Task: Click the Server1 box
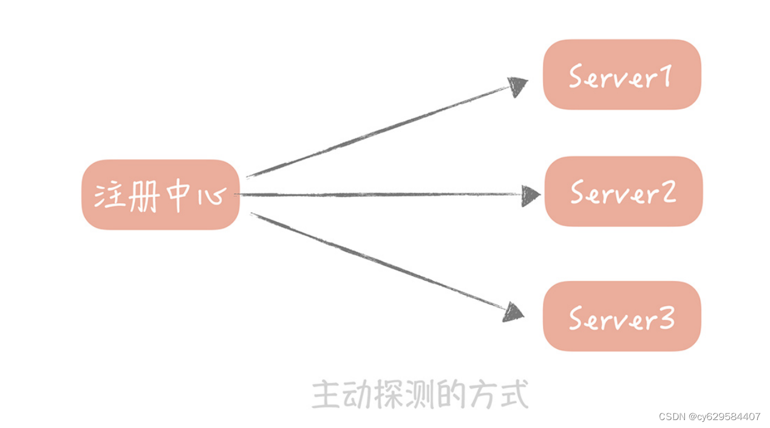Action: coord(621,75)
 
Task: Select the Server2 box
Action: coord(623,192)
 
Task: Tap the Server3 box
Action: coord(621,316)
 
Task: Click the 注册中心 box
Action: coord(160,195)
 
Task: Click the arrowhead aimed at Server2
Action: coord(530,195)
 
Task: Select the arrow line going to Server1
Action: coord(376,131)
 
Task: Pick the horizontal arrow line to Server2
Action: coord(376,195)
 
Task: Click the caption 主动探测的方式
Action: coord(420,394)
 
